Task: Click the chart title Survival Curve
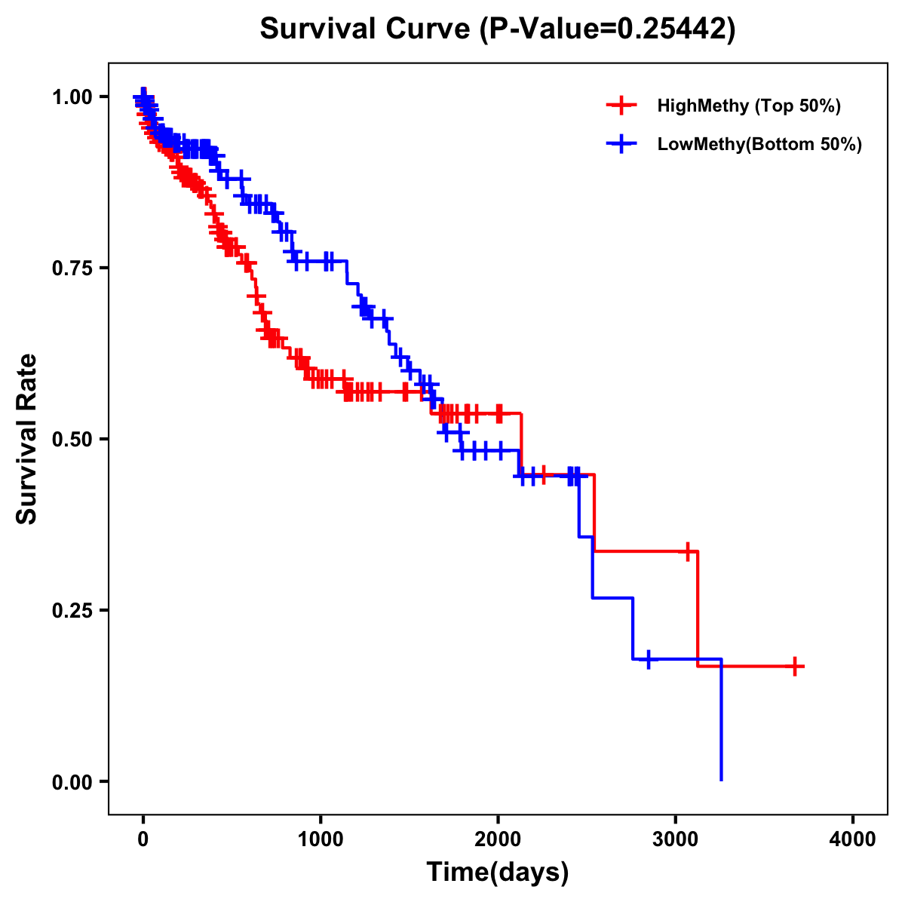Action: [x=367, y=29]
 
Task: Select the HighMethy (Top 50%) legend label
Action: [x=748, y=106]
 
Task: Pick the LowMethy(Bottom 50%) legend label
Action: [x=759, y=144]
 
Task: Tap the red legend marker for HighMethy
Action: [x=621, y=106]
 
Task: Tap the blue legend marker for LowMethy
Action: [x=621, y=144]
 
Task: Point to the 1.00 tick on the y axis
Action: [x=72, y=97]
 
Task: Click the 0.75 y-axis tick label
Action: [x=72, y=268]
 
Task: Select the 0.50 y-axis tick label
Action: [x=72, y=439]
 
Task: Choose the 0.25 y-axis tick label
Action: [x=72, y=610]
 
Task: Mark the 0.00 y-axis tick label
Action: [x=72, y=781]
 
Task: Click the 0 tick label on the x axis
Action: [x=143, y=839]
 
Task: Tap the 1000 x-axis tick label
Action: [x=321, y=839]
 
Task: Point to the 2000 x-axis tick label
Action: [x=498, y=839]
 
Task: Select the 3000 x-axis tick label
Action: [x=676, y=839]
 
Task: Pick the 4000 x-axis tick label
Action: [x=853, y=839]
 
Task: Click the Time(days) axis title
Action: [x=498, y=873]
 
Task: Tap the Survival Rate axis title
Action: [x=27, y=439]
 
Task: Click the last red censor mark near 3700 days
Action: [x=795, y=666]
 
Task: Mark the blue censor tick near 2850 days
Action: [x=648, y=659]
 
